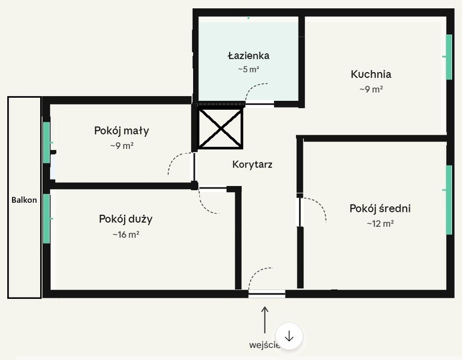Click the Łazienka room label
(x=248, y=56)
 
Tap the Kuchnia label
(x=370, y=74)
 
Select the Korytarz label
(x=252, y=164)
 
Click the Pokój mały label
(x=122, y=130)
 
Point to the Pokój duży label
(x=125, y=219)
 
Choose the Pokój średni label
(x=379, y=209)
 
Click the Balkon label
(x=24, y=200)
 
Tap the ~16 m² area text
(x=125, y=235)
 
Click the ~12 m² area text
(x=379, y=224)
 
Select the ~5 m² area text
(x=248, y=70)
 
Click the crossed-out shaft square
(x=221, y=128)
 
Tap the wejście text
(x=264, y=345)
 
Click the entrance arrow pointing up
(x=264, y=319)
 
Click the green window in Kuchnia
(x=448, y=57)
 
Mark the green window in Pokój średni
(x=448, y=200)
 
